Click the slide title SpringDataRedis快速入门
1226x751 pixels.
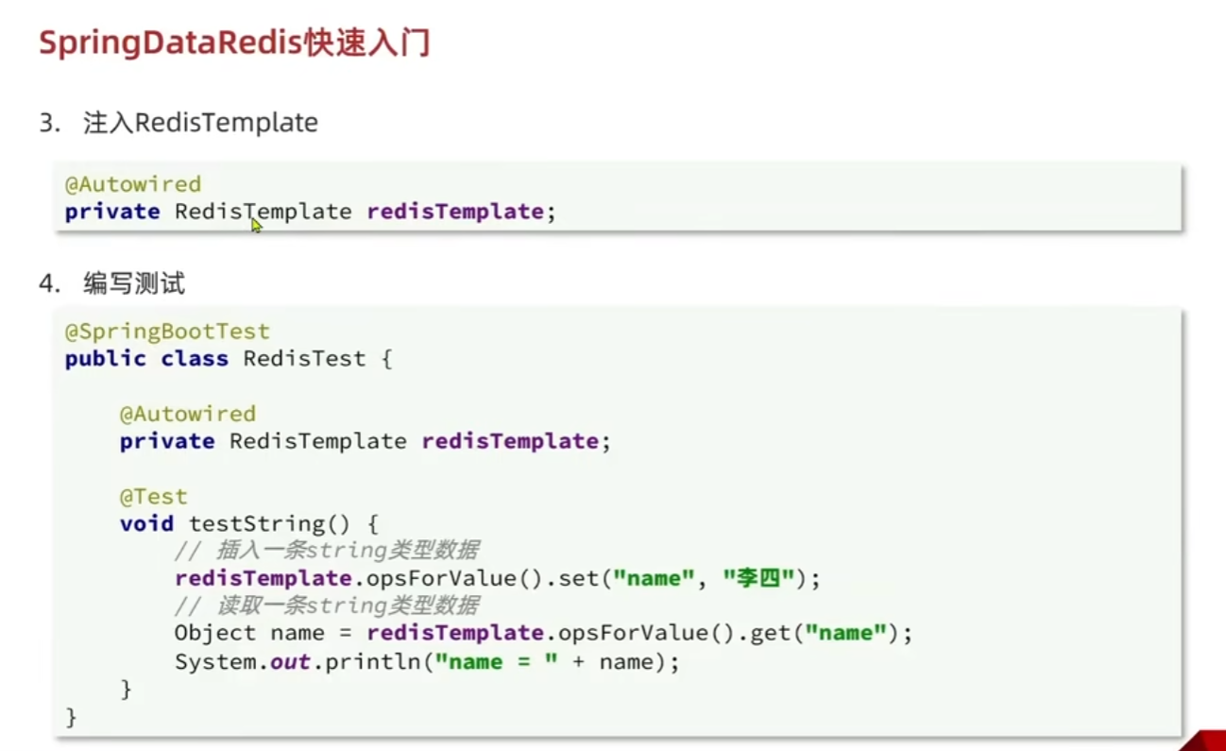pos(234,43)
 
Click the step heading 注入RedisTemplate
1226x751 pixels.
pos(200,123)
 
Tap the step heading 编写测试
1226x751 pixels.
pos(134,282)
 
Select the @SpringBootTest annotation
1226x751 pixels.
pos(167,332)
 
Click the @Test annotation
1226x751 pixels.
pos(153,496)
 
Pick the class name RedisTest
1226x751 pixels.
pos(304,359)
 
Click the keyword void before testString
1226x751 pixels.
pos(146,523)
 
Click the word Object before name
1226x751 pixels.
pos(215,633)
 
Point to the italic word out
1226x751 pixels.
pos(291,661)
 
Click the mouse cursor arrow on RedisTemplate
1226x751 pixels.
pos(255,224)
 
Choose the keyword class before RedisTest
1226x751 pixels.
pos(195,359)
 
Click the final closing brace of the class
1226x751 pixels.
pos(71,717)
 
